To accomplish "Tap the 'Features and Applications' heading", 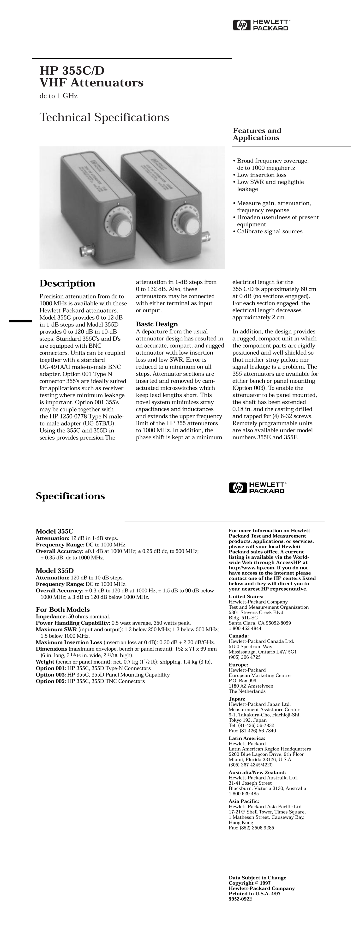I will [257, 134].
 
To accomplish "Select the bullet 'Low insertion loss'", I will [261, 175].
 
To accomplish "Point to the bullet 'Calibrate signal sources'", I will [269, 231].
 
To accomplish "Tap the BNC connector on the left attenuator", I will [85, 250].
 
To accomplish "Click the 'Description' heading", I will [67, 283].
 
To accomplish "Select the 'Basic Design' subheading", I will [157, 324].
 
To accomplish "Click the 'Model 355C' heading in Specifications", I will [54, 531].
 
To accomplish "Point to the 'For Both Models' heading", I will [63, 610].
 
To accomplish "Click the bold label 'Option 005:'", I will [51, 681].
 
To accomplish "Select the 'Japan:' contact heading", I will [237, 699].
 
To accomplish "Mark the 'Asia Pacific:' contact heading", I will [244, 801].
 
